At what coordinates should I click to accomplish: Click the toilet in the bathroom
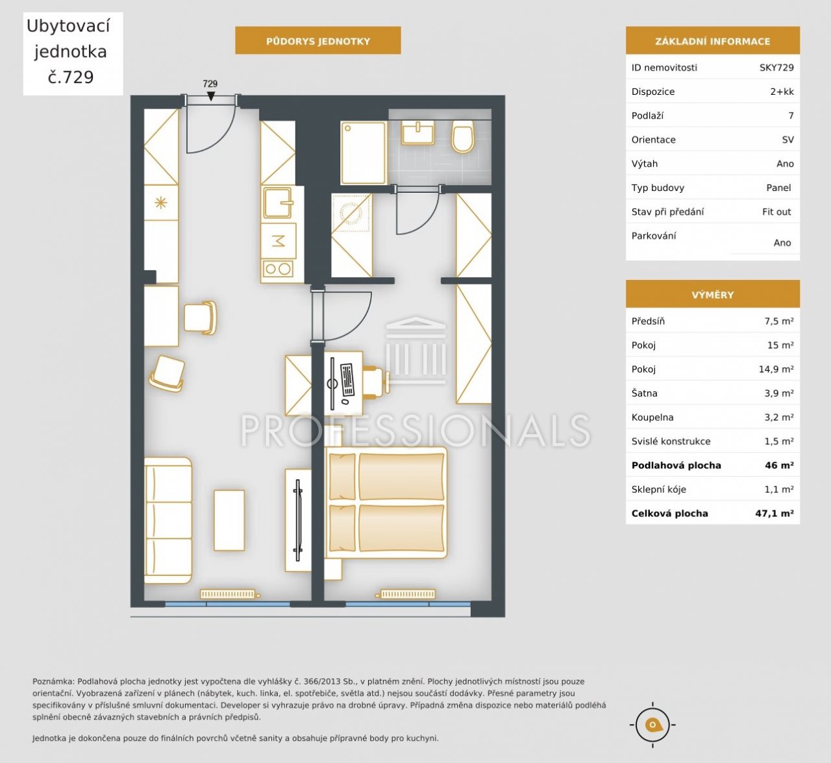(x=463, y=137)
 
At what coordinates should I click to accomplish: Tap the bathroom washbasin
(x=418, y=132)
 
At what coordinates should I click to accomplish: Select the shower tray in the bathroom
(x=364, y=153)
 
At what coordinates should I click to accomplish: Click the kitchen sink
(x=279, y=202)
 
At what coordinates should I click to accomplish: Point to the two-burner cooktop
(x=278, y=269)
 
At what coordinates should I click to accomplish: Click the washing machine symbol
(x=351, y=212)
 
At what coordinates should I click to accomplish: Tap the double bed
(x=386, y=503)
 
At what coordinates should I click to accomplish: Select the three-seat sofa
(x=168, y=521)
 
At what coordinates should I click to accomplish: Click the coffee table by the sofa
(x=229, y=521)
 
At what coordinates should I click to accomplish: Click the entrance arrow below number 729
(x=211, y=96)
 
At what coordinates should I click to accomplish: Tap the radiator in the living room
(x=229, y=594)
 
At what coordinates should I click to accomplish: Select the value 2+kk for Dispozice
(x=782, y=92)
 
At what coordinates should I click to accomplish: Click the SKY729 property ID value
(x=776, y=68)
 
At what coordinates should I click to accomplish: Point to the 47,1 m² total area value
(x=775, y=514)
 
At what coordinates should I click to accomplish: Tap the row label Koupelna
(x=652, y=418)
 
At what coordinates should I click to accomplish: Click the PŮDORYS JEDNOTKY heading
(x=317, y=41)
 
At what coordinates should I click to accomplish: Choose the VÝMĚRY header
(x=713, y=295)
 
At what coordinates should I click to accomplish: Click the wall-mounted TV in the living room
(x=298, y=521)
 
